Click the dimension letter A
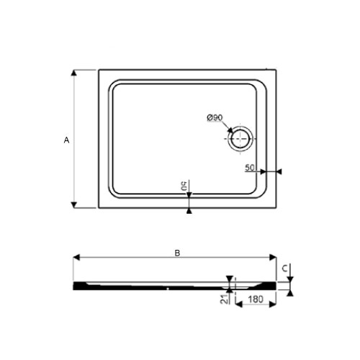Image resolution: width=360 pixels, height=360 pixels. (66, 140)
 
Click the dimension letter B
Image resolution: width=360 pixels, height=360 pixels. (176, 253)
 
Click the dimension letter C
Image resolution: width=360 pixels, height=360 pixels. (286, 269)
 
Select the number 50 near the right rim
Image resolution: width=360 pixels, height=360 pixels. (251, 168)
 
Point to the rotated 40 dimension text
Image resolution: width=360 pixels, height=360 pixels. (186, 186)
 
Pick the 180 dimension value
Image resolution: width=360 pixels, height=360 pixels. (253, 299)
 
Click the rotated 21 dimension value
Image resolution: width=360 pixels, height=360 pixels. (225, 299)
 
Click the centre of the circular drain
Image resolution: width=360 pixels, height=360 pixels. (239, 138)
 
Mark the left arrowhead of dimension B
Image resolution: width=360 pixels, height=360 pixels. (76, 257)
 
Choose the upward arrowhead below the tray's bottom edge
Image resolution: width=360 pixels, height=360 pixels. (189, 212)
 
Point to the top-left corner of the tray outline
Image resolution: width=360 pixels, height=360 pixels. (99, 70)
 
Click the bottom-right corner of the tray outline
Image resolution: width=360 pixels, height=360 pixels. (277, 208)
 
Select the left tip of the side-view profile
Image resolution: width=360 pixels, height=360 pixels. (74, 284)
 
